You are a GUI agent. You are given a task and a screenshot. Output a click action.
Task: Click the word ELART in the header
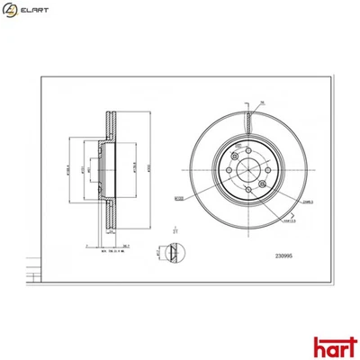coord(33,11)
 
